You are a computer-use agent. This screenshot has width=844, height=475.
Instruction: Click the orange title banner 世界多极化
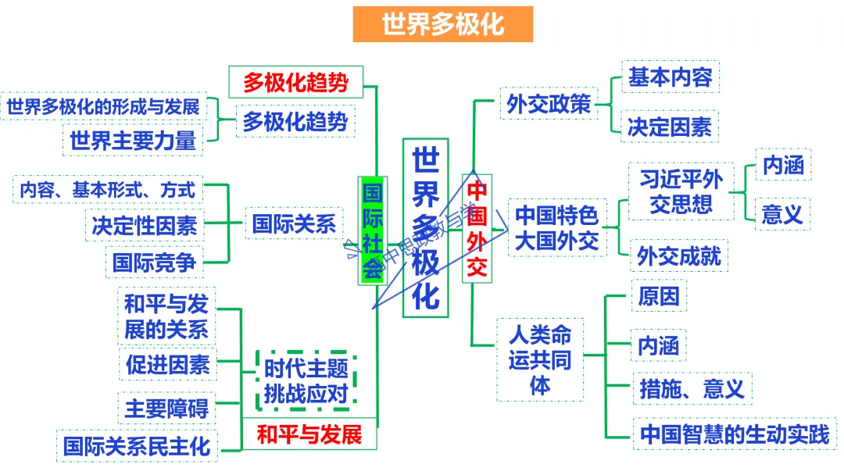point(443,24)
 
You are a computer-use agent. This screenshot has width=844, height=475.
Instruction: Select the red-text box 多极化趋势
point(295,81)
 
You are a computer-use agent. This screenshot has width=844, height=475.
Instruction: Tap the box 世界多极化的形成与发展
point(104,107)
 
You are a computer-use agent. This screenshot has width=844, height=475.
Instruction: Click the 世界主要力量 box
point(133,141)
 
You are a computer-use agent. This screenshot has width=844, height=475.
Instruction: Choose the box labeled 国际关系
point(294,224)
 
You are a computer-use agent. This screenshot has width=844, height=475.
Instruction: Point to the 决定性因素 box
point(145,226)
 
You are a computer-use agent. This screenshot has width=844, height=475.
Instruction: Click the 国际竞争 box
point(154,262)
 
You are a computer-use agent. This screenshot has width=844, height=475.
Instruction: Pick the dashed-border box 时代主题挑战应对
point(306,381)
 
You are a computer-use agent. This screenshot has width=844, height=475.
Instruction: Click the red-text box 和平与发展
point(309,434)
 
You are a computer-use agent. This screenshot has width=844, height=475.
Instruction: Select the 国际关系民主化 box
point(137,446)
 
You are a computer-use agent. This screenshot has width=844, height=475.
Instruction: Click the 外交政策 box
point(549,104)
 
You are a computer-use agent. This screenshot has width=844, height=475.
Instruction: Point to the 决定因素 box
point(670,127)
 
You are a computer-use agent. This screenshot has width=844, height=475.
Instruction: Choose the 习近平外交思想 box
point(681,191)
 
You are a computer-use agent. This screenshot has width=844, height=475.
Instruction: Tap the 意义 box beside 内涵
point(782,213)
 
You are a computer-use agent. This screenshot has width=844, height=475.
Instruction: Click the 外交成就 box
point(679,255)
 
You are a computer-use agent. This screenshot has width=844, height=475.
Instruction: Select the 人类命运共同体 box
point(540,360)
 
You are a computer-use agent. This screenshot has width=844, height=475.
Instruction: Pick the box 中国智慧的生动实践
point(735,434)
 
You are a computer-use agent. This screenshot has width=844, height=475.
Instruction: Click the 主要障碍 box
point(166,408)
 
